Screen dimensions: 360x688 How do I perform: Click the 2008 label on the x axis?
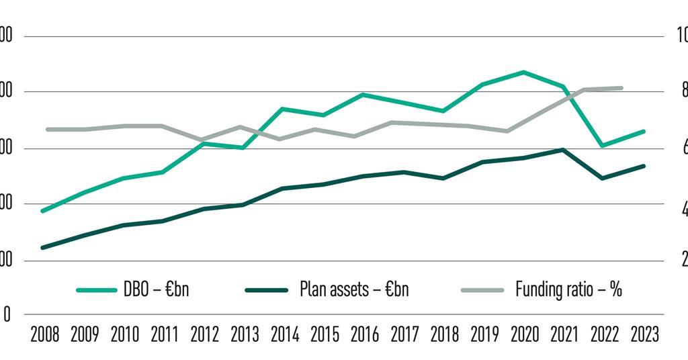(44, 334)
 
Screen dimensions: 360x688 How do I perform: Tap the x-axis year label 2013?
(245, 334)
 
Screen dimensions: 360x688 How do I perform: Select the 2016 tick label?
(364, 334)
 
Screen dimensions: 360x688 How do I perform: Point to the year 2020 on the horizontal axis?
(525, 334)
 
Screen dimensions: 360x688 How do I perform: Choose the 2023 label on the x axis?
(645, 334)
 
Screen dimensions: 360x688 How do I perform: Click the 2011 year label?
(165, 334)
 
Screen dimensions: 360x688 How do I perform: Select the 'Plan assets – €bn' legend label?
(353, 289)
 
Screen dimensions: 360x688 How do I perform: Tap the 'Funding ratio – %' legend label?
(568, 289)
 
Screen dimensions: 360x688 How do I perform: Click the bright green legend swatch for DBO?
(97, 290)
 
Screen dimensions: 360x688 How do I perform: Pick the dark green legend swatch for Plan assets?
(267, 290)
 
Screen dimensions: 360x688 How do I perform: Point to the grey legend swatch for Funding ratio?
(482, 290)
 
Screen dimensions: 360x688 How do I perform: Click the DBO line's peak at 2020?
(524, 72)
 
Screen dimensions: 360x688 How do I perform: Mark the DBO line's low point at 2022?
(603, 145)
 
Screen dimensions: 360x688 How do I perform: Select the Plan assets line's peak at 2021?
(562, 150)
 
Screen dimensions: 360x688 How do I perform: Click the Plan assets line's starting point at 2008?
(43, 248)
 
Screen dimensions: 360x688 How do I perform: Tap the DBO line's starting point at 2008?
(43, 211)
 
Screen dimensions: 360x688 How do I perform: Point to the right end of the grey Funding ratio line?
(621, 88)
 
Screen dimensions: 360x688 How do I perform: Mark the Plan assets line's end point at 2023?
(644, 166)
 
